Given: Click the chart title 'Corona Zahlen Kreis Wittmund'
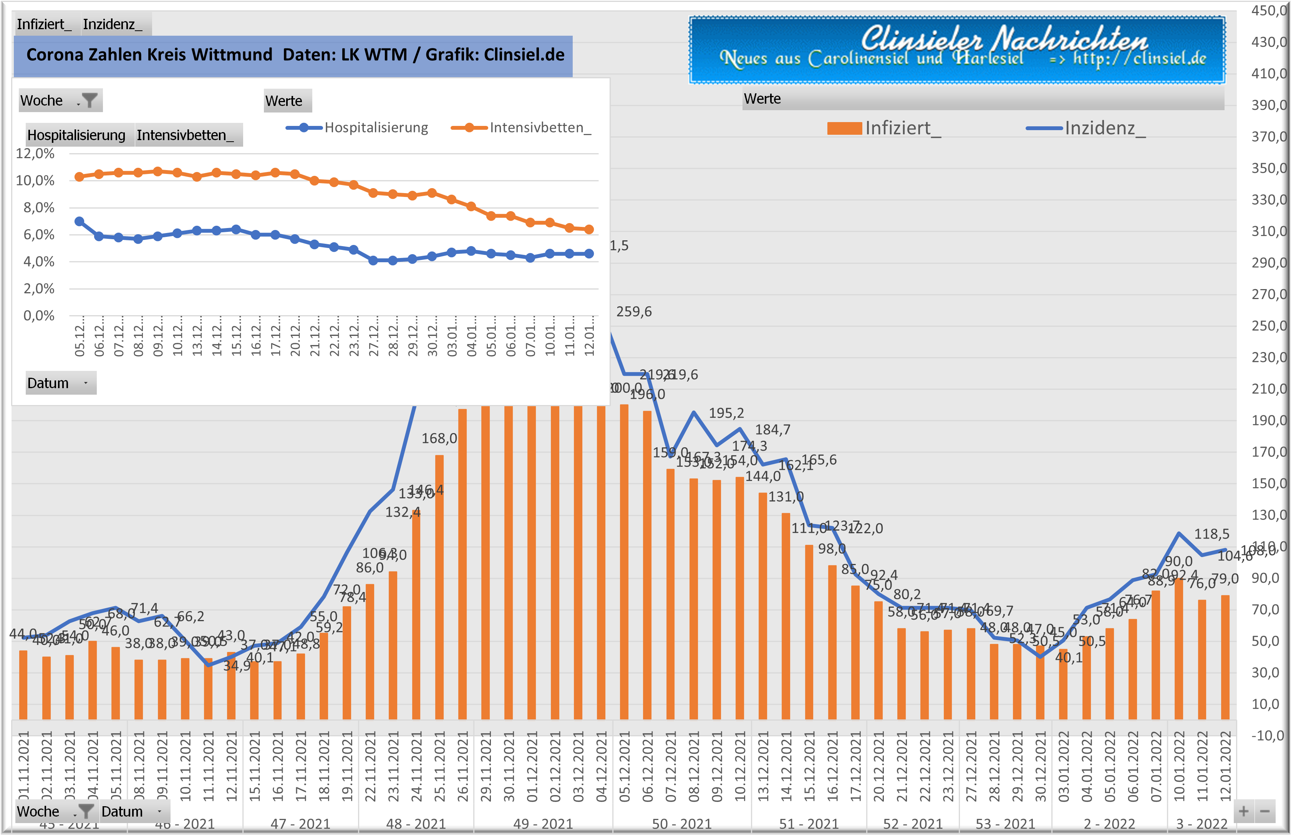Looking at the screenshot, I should [x=149, y=55].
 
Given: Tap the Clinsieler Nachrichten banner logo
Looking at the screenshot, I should [x=957, y=50].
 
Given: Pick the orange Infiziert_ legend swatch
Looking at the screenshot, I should [x=844, y=129].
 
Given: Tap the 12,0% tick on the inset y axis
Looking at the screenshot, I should [x=35, y=154].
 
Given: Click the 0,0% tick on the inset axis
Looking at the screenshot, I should [x=38, y=316].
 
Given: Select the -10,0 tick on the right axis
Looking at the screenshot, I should [x=1267, y=736].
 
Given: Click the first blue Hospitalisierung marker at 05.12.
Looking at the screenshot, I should [x=79, y=221].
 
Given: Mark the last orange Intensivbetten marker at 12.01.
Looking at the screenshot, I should [x=589, y=229].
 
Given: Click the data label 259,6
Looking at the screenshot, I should [x=633, y=312].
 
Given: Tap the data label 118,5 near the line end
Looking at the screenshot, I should [x=1211, y=534].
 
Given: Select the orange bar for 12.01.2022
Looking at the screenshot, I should [x=1225, y=657].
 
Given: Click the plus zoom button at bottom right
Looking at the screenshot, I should [x=1243, y=812].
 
